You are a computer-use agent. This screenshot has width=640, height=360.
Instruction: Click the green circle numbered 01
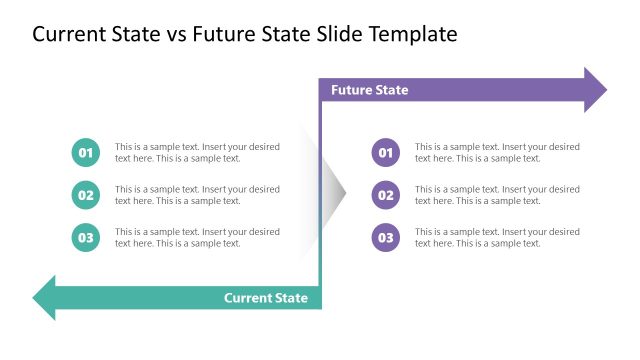86,152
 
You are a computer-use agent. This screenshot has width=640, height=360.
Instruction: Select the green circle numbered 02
86,195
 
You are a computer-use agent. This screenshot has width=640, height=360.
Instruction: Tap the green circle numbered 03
86,237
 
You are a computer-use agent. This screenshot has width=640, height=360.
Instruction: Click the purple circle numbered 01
386,152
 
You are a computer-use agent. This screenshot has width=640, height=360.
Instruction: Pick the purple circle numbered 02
386,195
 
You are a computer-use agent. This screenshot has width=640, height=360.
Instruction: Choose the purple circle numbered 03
386,237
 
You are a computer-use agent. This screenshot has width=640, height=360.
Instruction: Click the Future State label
369,90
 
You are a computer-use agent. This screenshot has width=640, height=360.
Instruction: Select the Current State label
265,298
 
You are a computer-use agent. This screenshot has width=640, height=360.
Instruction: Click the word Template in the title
409,34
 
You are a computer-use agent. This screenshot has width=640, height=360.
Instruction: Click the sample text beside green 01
197,152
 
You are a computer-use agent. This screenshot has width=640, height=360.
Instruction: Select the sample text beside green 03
197,237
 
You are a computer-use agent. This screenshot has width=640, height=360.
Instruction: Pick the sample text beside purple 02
497,195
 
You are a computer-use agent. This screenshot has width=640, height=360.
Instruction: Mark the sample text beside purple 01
497,152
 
